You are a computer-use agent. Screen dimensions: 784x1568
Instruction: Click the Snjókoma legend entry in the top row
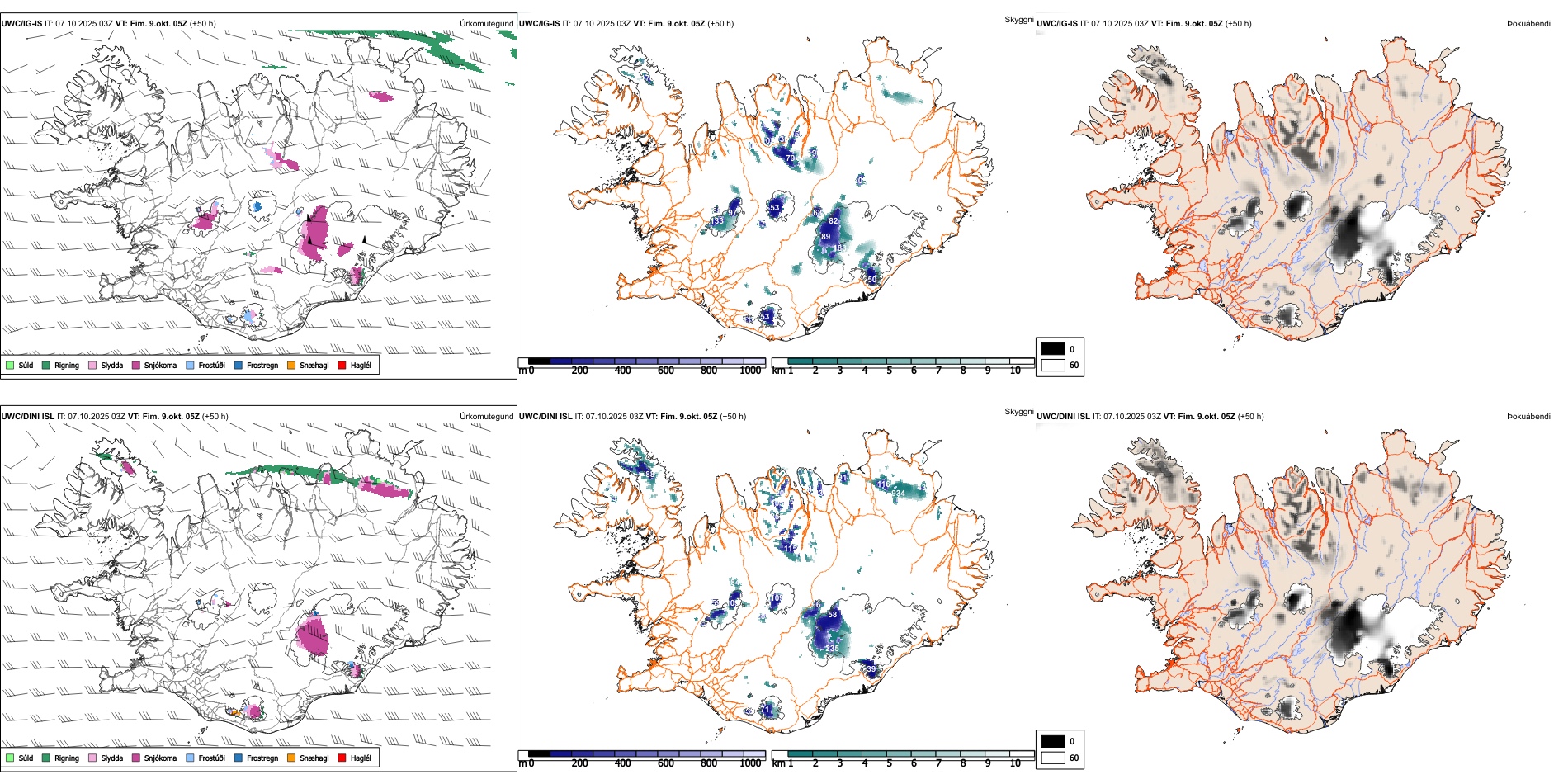pyautogui.click(x=159, y=365)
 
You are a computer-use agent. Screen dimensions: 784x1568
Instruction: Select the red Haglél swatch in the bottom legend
pyautogui.click(x=342, y=758)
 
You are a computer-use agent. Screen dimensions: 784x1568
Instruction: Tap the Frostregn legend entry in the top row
pyautogui.click(x=262, y=365)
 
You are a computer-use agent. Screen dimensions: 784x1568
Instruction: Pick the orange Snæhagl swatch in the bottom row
pyautogui.click(x=291, y=758)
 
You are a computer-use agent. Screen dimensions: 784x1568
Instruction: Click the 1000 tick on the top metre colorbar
pyautogui.click(x=750, y=371)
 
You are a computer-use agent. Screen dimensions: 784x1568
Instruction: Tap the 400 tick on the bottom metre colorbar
pyautogui.click(x=623, y=763)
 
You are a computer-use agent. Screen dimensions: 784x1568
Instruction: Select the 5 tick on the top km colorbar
pyautogui.click(x=889, y=371)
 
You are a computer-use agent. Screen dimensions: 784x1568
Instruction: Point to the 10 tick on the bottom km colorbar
pyautogui.click(x=1015, y=763)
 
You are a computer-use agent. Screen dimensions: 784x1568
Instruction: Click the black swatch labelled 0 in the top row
pyautogui.click(x=1053, y=348)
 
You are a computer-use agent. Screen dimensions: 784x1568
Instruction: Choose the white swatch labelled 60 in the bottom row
pyautogui.click(x=1053, y=757)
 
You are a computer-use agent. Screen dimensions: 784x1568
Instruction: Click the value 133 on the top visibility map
pyautogui.click(x=716, y=220)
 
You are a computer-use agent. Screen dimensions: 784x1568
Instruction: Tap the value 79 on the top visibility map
pyautogui.click(x=790, y=158)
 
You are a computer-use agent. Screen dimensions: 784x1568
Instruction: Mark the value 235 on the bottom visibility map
pyautogui.click(x=831, y=649)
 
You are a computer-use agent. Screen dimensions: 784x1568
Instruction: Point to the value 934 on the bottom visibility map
pyautogui.click(x=898, y=493)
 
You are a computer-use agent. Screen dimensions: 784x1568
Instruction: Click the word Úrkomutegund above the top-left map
pyautogui.click(x=486, y=23)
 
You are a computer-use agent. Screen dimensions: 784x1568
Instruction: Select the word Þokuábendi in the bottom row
pyautogui.click(x=1528, y=416)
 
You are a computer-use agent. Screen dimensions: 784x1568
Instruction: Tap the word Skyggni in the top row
pyautogui.click(x=1018, y=19)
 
